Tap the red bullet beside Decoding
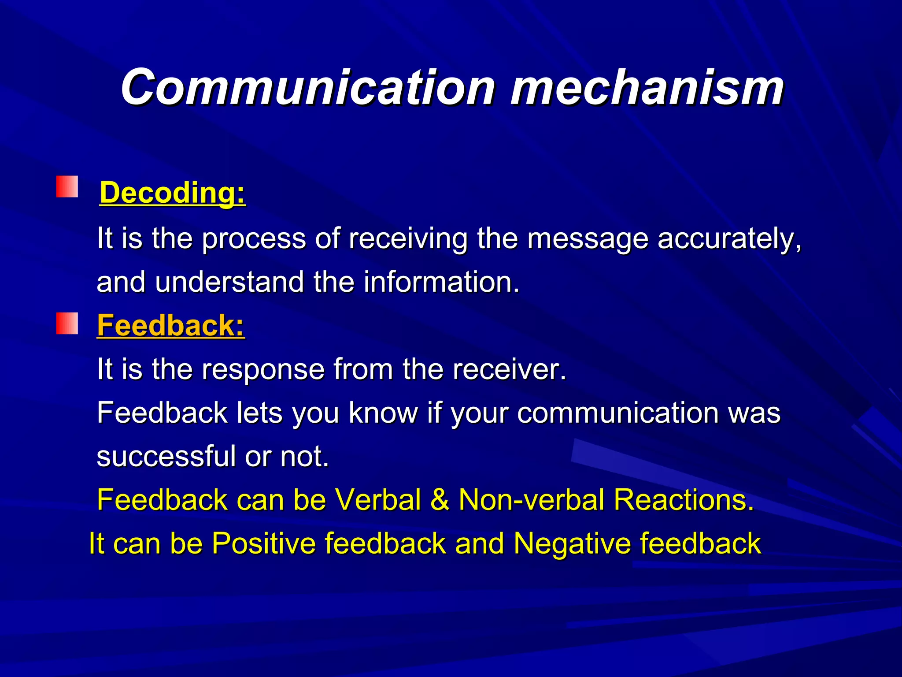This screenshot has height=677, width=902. point(67,186)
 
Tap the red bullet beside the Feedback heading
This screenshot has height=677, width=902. point(67,324)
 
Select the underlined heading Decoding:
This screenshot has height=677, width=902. point(172,193)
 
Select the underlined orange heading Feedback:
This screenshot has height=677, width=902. point(170,326)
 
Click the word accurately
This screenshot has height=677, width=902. point(729,239)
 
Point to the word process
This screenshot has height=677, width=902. point(254,239)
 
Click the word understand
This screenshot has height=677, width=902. point(229,282)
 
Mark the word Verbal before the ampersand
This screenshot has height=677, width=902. point(378,500)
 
